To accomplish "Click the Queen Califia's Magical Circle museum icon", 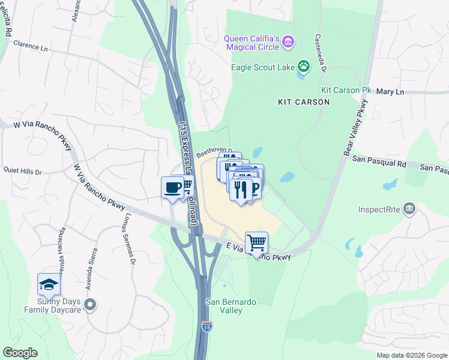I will pos(289,42).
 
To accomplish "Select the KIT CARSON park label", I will pos(304,102).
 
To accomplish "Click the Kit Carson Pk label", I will pos(346,90).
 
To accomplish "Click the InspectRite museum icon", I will pos(410,208).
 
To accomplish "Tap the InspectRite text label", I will pos(380,210).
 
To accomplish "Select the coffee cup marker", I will pos(172,188).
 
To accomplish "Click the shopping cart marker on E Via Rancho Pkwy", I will pos(256,243).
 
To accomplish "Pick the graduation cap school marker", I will pos(49,284).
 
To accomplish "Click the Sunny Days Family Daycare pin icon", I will pos(90,305).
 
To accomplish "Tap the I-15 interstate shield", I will pos(206,327).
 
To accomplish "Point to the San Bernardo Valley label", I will pos(224,306).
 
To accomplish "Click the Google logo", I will pos(20,353).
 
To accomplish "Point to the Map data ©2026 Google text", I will pos(411,355).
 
